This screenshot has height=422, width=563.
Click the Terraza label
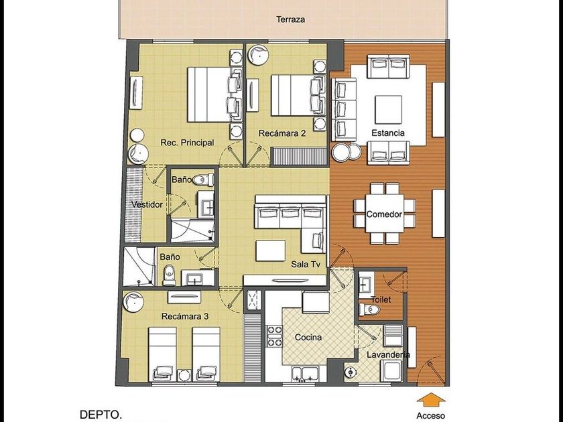290,19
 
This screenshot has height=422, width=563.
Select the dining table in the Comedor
385,214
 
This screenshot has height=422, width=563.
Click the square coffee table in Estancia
389,109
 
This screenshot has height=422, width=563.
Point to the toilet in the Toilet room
369,309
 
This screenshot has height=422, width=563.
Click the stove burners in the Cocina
274,336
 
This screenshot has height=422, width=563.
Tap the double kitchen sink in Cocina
305,374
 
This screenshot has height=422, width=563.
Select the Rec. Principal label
187,143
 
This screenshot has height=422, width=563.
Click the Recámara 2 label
282,133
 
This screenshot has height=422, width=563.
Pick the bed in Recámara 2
298,95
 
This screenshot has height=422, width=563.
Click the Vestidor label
147,204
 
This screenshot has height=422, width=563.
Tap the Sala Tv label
306,265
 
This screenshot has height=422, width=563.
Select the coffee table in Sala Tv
270,251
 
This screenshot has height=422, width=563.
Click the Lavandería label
389,355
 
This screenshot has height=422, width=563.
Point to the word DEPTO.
101,415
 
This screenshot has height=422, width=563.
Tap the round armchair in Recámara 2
258,54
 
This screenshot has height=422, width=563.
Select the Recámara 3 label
185,316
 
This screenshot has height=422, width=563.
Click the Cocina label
308,338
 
